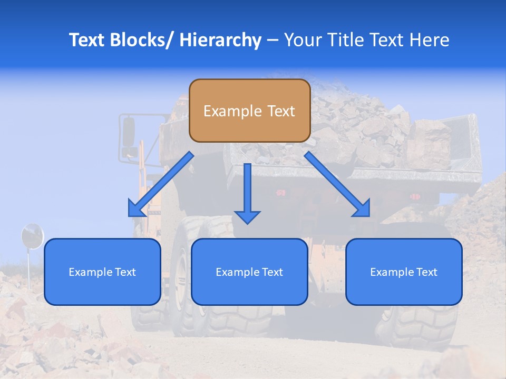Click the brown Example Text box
click(x=249, y=111)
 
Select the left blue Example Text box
click(x=102, y=272)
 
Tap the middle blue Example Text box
click(x=249, y=272)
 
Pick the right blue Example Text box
click(x=404, y=272)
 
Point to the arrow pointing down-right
click(x=337, y=184)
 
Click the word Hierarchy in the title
click(x=220, y=40)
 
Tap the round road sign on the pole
click(x=32, y=236)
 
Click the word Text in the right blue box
click(x=427, y=272)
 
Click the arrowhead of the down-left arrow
click(x=135, y=209)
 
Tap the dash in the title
click(x=273, y=41)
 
